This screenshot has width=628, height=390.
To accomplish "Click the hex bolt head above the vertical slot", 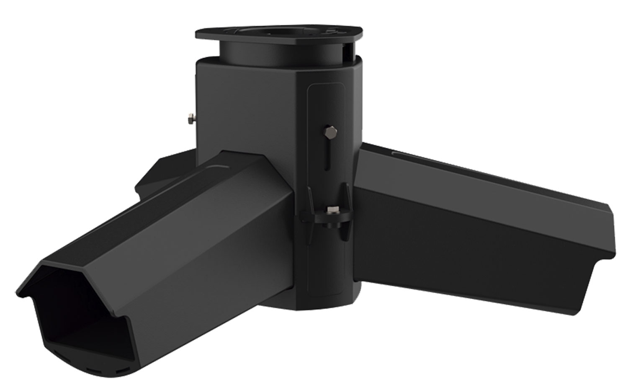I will click(x=329, y=133).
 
